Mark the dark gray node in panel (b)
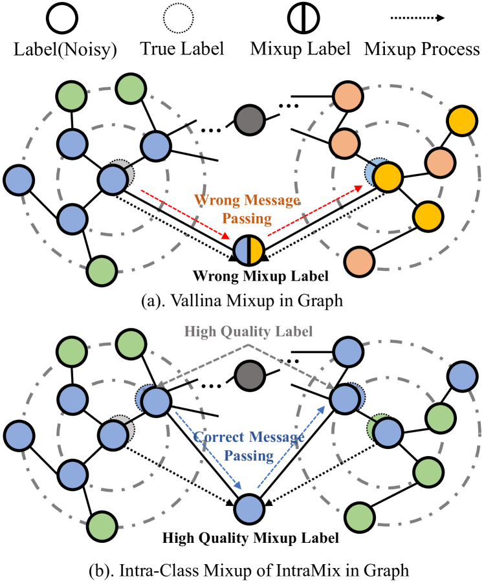tap(248, 373)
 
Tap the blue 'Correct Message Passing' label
tap(248, 447)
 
